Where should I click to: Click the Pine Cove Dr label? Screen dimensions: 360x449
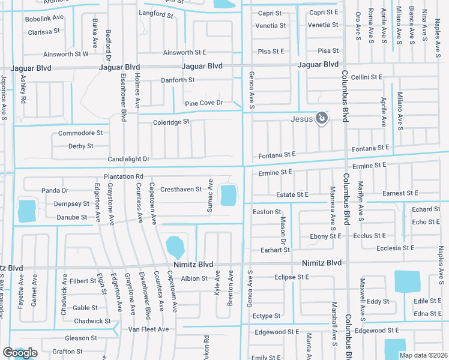(x=203, y=103)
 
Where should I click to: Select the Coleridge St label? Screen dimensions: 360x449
(x=171, y=121)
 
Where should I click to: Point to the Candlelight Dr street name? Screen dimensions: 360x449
(x=128, y=159)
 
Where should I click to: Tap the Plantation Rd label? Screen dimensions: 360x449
(x=123, y=176)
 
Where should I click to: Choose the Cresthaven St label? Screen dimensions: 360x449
(x=181, y=190)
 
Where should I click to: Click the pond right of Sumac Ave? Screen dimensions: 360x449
(x=229, y=195)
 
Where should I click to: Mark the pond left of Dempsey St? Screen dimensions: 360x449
(x=27, y=211)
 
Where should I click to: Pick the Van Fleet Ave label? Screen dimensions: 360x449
(x=149, y=329)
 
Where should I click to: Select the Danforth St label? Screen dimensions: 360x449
(x=178, y=80)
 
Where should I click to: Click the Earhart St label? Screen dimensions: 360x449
(x=271, y=250)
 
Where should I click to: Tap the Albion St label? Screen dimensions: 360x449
(x=194, y=278)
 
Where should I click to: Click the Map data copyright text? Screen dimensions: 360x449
(x=424, y=355)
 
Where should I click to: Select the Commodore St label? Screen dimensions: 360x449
(x=80, y=133)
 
